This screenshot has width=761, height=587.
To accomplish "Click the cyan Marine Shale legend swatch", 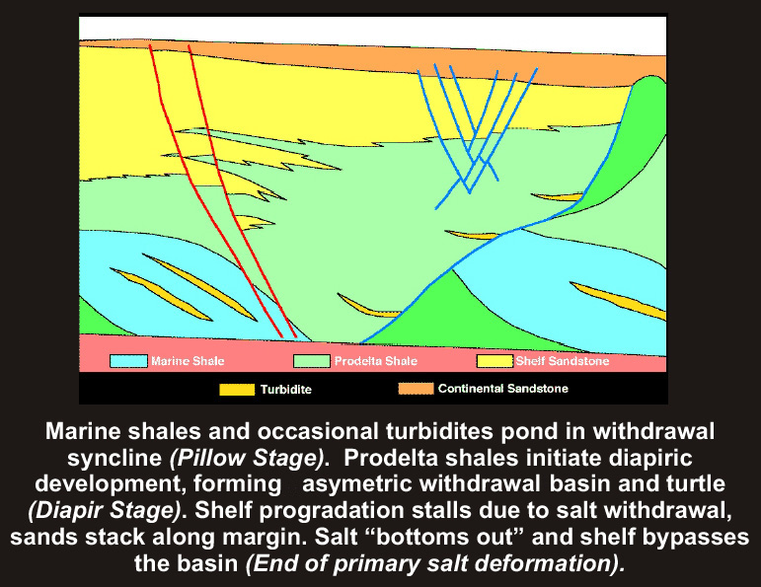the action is tap(128, 361).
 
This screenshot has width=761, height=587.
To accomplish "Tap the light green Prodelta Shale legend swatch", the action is tap(312, 361).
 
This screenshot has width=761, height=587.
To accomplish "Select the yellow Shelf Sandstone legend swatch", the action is tap(495, 361).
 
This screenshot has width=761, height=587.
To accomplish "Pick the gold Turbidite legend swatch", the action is tap(237, 390).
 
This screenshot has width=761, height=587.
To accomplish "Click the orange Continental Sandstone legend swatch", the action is tap(416, 389).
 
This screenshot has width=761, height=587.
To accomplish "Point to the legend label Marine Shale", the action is tap(188, 361).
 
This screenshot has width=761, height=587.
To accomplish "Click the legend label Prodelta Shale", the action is tap(376, 361).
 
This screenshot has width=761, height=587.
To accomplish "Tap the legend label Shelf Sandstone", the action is tap(562, 361).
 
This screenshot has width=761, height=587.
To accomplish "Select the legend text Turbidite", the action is tap(286, 390).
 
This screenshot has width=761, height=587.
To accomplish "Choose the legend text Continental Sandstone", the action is tap(502, 389).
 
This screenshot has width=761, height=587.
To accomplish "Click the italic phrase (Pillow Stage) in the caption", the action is tap(247, 459).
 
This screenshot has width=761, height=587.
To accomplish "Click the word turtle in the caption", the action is tap(696, 483).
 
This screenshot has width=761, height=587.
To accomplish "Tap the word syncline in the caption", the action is tap(114, 459).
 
